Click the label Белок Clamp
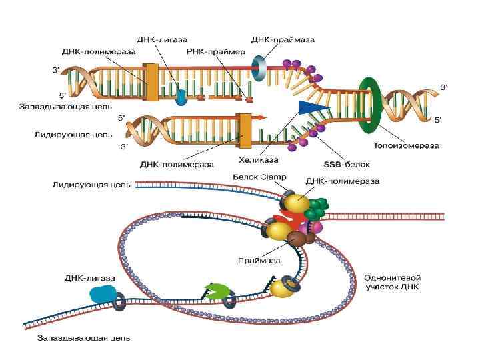click(259, 177)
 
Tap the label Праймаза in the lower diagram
click(259, 260)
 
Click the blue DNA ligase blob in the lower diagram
click(102, 295)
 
